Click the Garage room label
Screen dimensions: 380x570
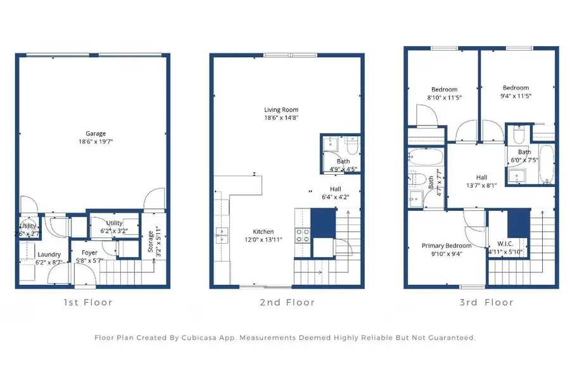pos(96,134)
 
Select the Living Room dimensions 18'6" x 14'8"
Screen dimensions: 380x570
pos(281,117)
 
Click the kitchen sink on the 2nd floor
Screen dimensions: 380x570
pos(221,234)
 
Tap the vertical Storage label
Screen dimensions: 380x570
pos(150,241)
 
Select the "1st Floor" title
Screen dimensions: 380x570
pos(87,303)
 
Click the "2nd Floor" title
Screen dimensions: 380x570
pos(287,303)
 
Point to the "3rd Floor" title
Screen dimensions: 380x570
pos(486,303)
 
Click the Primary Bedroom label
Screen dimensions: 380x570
pos(446,246)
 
